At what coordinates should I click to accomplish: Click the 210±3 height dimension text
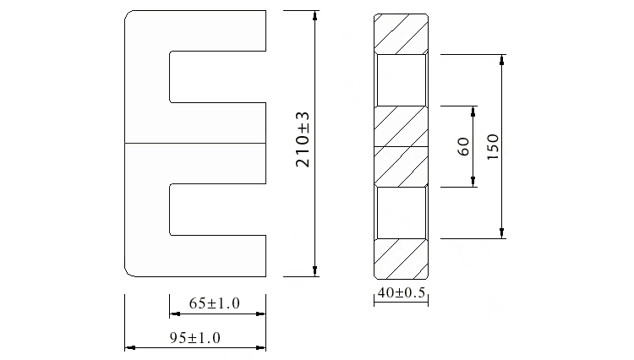pyautogui.click(x=303, y=139)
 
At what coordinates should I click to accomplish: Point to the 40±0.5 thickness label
pyautogui.click(x=402, y=293)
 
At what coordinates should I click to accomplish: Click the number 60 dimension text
pyautogui.click(x=462, y=146)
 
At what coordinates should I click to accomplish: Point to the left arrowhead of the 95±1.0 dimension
pyautogui.click(x=129, y=346)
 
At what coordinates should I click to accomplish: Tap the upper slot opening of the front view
pyautogui.click(x=218, y=77)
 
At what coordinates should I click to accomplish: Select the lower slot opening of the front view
pyautogui.click(x=218, y=210)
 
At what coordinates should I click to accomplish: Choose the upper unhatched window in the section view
pyautogui.click(x=402, y=79)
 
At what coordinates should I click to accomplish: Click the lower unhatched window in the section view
pyautogui.click(x=402, y=212)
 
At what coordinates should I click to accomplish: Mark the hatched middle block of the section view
pyautogui.click(x=402, y=145)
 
